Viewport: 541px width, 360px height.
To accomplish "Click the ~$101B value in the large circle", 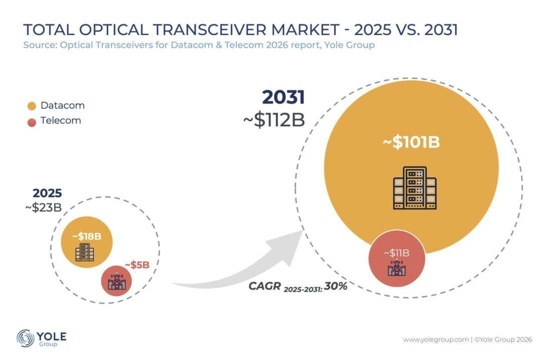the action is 411,142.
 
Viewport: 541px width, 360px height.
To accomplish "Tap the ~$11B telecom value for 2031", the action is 397,253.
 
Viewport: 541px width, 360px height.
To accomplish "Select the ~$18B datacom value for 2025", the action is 87,236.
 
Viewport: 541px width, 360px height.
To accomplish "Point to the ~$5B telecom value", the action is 137,265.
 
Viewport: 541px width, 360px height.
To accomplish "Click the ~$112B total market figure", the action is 274,120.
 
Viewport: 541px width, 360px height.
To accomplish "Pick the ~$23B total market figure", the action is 44,208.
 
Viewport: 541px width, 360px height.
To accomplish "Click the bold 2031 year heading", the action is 284,97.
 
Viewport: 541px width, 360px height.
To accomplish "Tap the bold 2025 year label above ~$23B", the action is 47,193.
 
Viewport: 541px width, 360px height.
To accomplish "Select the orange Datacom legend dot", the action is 32,106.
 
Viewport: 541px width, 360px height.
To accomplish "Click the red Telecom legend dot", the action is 32,122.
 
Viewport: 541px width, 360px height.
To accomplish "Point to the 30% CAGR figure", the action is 335,286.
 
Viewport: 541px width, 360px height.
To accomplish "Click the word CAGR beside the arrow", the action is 264,286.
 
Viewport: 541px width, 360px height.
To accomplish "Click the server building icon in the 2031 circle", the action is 415,188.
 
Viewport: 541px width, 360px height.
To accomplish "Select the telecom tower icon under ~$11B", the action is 397,268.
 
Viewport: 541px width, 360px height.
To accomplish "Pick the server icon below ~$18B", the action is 85,252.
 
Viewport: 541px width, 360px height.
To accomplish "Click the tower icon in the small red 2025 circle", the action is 117,281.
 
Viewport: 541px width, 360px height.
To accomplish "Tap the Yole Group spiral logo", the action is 25,338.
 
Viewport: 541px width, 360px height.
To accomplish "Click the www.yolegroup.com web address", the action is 436,339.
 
